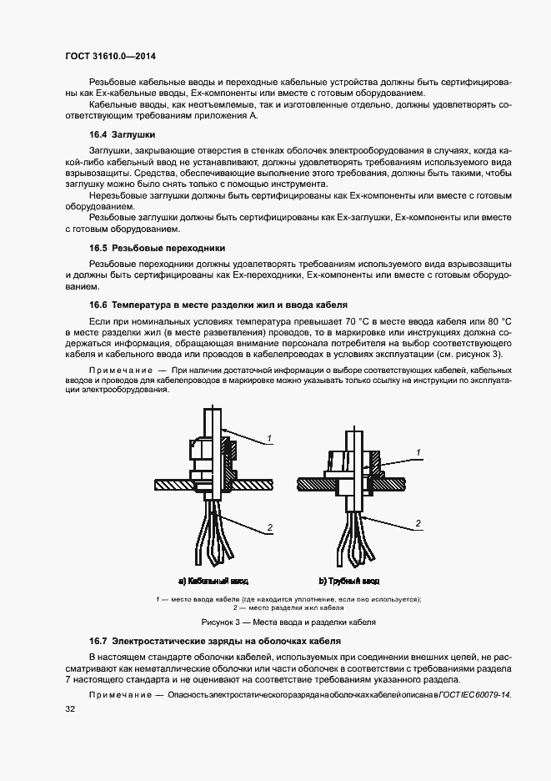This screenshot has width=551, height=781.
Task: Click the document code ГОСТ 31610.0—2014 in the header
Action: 110,56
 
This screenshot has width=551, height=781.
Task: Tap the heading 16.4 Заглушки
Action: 122,134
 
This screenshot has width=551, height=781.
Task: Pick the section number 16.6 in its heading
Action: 98,305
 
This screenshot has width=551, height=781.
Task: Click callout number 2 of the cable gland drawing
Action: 270,527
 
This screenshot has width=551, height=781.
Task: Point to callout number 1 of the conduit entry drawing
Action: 418,451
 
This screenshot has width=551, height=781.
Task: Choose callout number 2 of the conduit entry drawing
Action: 418,522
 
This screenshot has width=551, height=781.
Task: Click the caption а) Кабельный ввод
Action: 213,580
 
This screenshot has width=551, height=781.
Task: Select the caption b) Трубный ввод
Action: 349,580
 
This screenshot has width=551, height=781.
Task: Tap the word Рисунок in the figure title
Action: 218,622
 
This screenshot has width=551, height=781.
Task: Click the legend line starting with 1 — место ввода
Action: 288,599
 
